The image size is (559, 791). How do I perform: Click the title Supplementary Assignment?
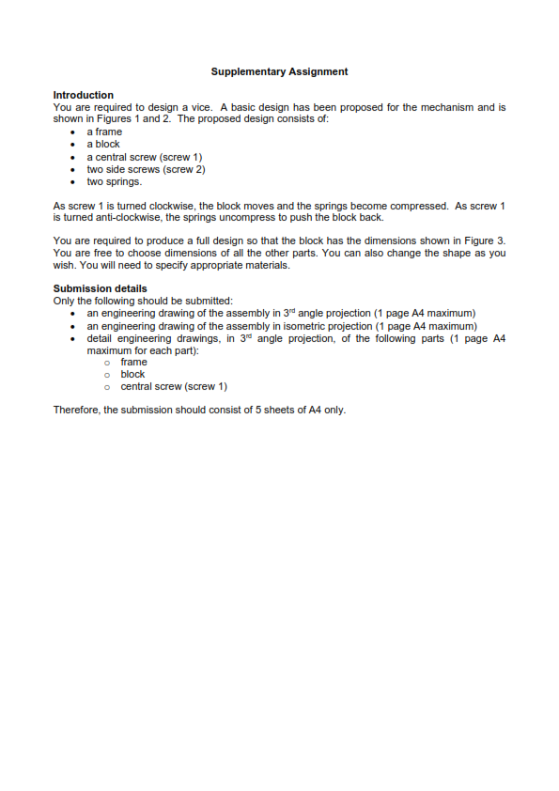(279, 71)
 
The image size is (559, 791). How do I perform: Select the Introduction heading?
(83, 95)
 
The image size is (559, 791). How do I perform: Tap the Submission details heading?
(100, 288)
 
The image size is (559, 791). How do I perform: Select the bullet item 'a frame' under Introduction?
(104, 132)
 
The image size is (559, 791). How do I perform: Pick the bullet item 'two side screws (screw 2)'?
(146, 170)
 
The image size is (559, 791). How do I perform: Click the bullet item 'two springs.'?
(114, 182)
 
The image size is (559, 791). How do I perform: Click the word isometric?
(311, 326)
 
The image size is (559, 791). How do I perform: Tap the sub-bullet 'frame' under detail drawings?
(133, 362)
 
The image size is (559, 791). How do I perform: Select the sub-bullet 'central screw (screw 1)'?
(174, 386)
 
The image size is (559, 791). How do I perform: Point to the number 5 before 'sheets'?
(246, 410)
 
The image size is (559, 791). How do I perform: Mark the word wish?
(65, 265)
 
